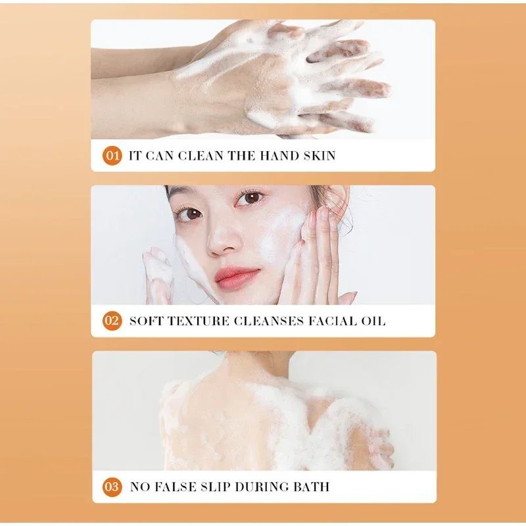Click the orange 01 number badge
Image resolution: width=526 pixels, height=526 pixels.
pyautogui.click(x=112, y=156)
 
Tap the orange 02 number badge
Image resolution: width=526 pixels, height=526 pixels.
pyautogui.click(x=112, y=321)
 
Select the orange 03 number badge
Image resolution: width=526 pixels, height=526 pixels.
pyautogui.click(x=112, y=487)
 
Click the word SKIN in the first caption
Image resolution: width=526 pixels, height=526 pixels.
pyautogui.click(x=320, y=156)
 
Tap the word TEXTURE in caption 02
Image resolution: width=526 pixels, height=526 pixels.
pyautogui.click(x=199, y=321)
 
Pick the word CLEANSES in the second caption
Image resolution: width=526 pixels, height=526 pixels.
pyautogui.click(x=269, y=321)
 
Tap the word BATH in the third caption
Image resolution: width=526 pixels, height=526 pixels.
pyautogui.click(x=311, y=487)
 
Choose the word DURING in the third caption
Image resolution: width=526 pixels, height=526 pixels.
pyautogui.click(x=262, y=487)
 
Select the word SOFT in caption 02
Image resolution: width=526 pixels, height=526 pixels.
pyautogui.click(x=146, y=321)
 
